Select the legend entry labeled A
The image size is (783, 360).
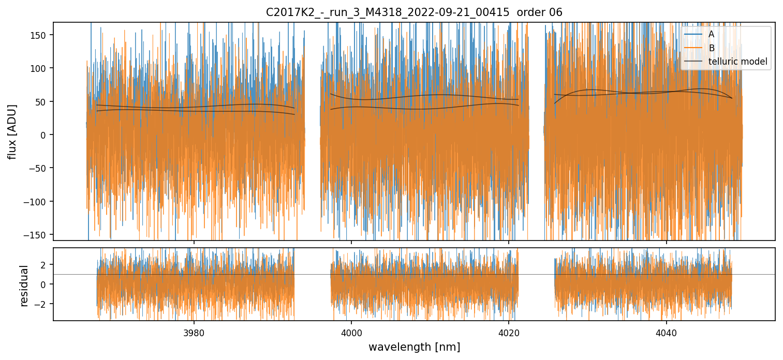click(711, 34)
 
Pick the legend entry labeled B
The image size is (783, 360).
click(711, 48)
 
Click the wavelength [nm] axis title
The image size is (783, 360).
click(414, 347)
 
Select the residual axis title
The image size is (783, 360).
click(24, 285)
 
